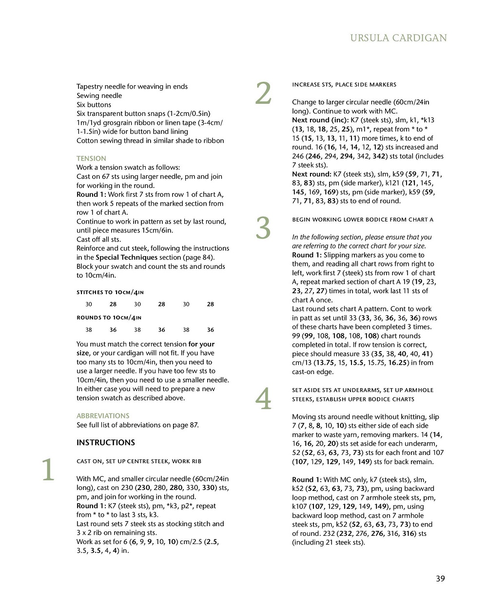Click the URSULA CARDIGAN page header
[398, 38]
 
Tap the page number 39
[440, 579]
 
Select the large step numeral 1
[48, 470]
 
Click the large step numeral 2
[263, 94]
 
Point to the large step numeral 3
[263, 228]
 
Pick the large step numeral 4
[263, 399]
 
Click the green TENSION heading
[91, 158]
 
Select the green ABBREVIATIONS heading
[103, 416]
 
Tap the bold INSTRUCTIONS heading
[106, 442]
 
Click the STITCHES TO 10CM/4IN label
[110, 292]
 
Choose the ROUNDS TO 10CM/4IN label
[109, 318]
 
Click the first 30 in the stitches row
[89, 304]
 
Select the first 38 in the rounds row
[89, 330]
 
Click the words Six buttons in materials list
[94, 105]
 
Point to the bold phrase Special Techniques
[126, 257]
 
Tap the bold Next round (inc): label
[320, 120]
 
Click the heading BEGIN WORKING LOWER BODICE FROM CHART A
[363, 220]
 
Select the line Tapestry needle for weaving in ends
[132, 87]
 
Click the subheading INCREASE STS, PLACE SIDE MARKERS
[344, 85]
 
